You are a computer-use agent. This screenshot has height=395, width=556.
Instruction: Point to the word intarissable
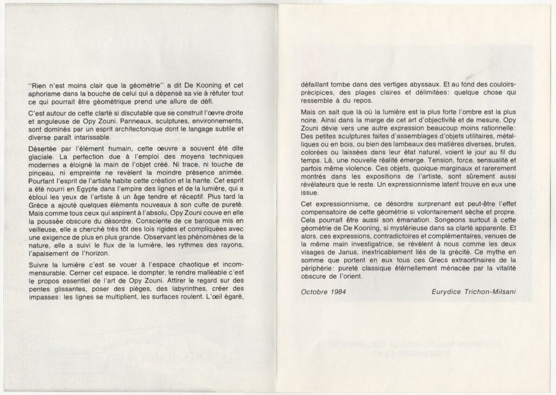point(108,137)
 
